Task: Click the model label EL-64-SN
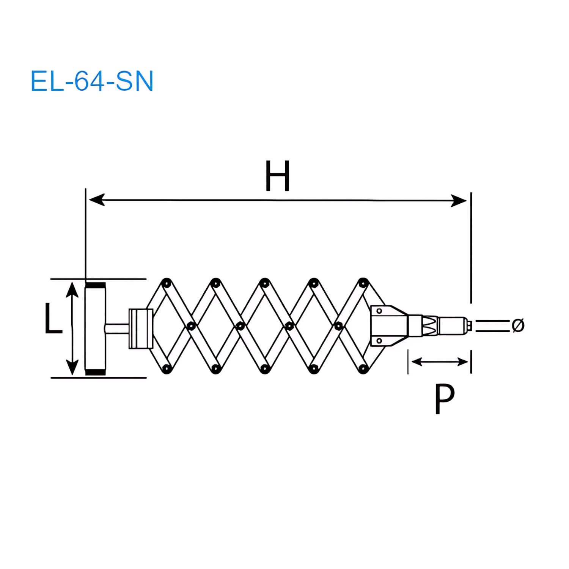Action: coord(92,81)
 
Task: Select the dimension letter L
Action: coord(53,319)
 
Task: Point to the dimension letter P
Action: coord(444,399)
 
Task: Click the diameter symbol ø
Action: coord(518,325)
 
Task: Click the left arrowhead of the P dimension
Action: coord(417,362)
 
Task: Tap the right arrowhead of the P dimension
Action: coord(463,362)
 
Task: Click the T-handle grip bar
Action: coord(95,328)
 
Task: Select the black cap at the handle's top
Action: coord(95,285)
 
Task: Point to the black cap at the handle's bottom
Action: coord(95,372)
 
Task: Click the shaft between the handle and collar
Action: coord(117,328)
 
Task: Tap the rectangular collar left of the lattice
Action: coord(141,329)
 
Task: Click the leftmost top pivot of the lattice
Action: coord(166,283)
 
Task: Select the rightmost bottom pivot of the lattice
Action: coord(363,368)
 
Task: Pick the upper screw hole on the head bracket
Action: coord(379,311)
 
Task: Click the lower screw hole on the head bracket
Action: coord(379,341)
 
